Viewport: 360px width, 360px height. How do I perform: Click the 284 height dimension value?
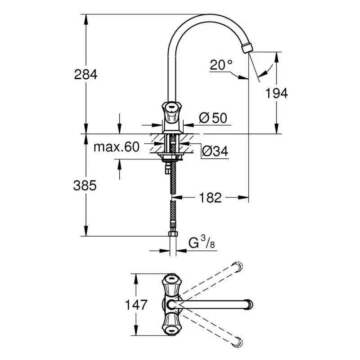pyautogui.click(x=85, y=74)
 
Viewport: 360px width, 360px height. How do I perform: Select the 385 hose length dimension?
pyautogui.click(x=85, y=185)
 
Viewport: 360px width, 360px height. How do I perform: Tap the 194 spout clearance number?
pyautogui.click(x=276, y=93)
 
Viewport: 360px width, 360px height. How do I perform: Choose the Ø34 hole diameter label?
pyautogui.click(x=215, y=152)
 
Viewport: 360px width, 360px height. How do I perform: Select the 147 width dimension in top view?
pyautogui.click(x=135, y=305)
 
